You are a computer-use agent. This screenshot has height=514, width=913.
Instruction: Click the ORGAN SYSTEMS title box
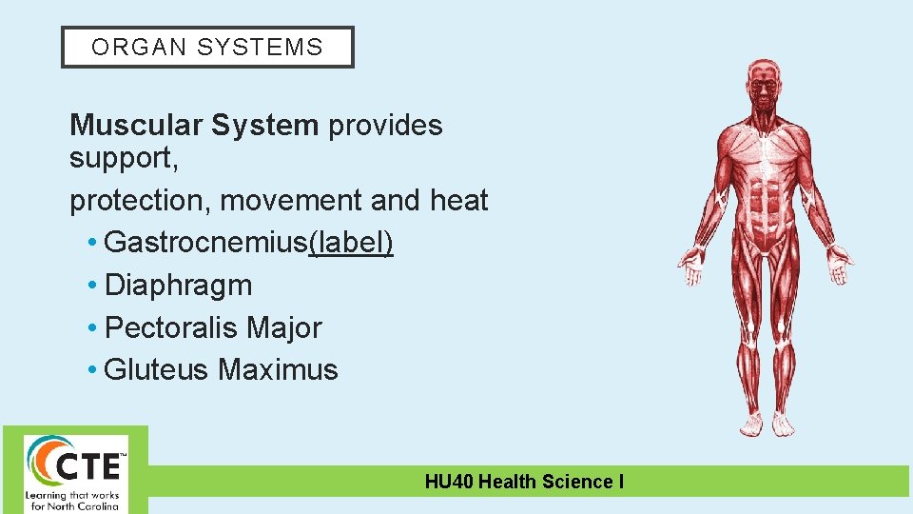click(207, 47)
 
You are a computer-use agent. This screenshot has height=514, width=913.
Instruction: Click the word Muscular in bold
click(136, 126)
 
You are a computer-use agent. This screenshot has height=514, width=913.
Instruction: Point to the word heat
click(458, 201)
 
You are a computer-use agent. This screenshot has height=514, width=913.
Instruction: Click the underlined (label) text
click(351, 243)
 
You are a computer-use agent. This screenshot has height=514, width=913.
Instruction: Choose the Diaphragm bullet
click(178, 285)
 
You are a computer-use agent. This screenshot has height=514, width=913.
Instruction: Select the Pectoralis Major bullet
click(213, 327)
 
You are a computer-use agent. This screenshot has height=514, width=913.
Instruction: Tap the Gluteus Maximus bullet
click(221, 369)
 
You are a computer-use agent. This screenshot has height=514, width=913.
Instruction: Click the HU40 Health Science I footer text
click(524, 482)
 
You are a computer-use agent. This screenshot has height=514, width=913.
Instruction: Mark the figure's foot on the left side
click(751, 424)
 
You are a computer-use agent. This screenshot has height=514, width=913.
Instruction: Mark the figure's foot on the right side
click(783, 424)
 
